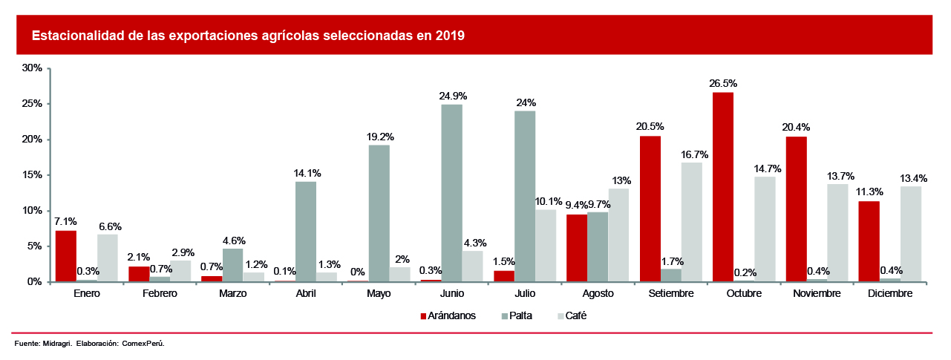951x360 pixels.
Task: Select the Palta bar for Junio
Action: click(x=451, y=193)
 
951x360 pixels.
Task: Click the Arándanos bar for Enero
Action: click(x=65, y=256)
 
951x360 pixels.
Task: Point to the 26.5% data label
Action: click(x=722, y=83)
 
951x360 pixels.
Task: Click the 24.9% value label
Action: click(x=452, y=96)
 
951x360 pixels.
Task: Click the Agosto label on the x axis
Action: click(x=598, y=294)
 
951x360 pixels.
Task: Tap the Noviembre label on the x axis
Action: click(x=817, y=294)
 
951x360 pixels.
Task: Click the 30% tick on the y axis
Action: click(x=32, y=68)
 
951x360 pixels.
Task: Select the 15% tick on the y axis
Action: click(x=32, y=175)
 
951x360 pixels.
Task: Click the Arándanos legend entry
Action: click(x=448, y=315)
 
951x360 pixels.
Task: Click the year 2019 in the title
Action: click(x=450, y=35)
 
